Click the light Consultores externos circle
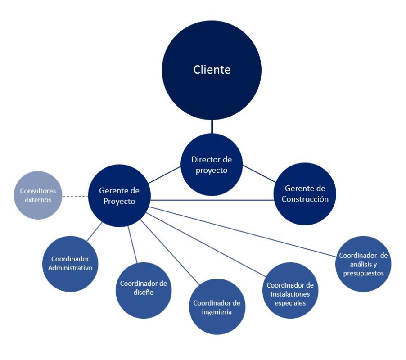pyautogui.click(x=38, y=195)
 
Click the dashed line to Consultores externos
pyautogui.click(x=74, y=196)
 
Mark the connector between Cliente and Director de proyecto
pyautogui.click(x=212, y=126)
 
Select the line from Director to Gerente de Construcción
pyautogui.click(x=259, y=175)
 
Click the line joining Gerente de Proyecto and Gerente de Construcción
pyautogui.click(x=212, y=200)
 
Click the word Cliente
pyautogui.click(x=212, y=70)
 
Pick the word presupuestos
pyautogui.click(x=364, y=273)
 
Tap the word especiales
pyautogui.click(x=290, y=303)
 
